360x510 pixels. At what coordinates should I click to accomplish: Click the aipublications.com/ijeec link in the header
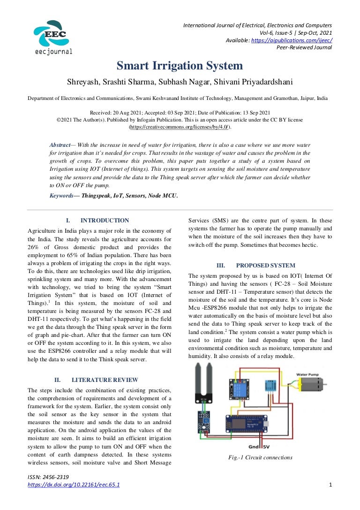coord(292,40)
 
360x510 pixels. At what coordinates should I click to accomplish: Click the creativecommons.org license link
coord(180,127)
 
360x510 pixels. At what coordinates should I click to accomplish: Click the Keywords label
coord(65,196)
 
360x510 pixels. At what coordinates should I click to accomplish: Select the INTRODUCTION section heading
coord(105,221)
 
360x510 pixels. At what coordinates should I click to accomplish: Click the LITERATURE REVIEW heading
coord(105,380)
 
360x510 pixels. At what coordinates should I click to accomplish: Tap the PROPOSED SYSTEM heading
coord(265,265)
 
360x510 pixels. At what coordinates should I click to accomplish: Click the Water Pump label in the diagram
coord(307,374)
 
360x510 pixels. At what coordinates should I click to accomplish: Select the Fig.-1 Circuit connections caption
coord(260,457)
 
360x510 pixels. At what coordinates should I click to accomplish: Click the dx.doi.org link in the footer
coord(74,485)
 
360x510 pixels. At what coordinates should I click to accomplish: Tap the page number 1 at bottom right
coord(330,485)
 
